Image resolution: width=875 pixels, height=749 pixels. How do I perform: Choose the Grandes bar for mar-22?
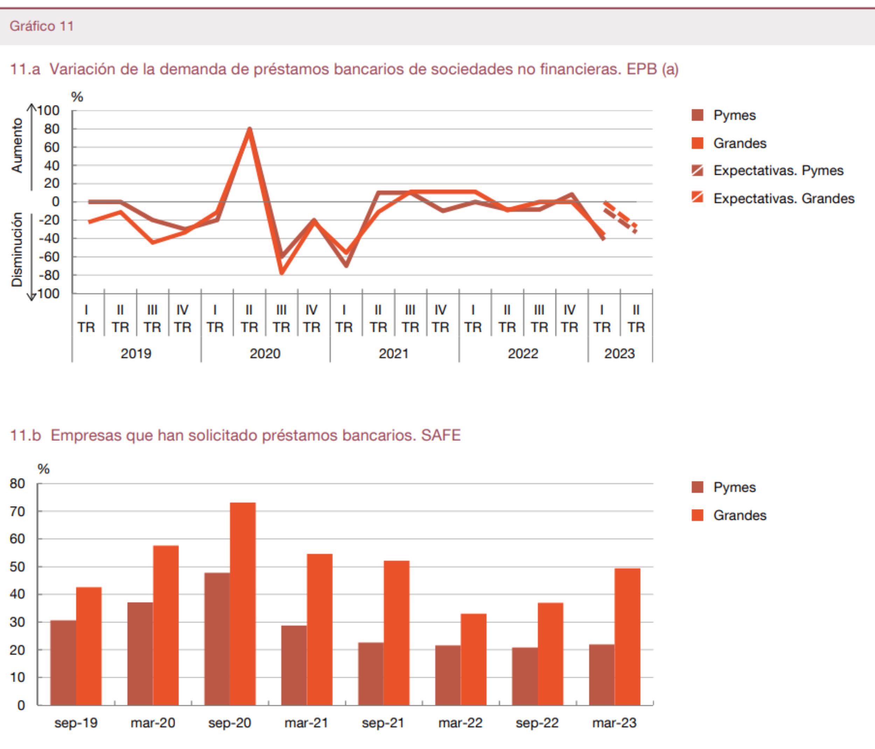point(474,659)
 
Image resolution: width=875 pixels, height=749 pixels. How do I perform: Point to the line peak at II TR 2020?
point(250,129)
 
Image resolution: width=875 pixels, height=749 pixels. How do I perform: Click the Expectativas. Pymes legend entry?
point(778,170)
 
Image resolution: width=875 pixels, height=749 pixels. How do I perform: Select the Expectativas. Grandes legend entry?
point(783,198)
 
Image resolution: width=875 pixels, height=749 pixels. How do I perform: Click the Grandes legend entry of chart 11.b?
point(740,515)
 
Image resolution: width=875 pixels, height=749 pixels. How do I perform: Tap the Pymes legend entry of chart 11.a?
point(734,115)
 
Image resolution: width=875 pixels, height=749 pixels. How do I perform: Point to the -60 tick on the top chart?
point(49,256)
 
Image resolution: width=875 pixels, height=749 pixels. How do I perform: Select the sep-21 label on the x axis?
point(383,722)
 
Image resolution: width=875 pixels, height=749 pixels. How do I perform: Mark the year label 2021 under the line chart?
point(394,353)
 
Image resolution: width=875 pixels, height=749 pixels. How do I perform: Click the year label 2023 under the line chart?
point(619,353)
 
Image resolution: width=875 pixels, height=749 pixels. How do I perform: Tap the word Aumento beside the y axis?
point(17,145)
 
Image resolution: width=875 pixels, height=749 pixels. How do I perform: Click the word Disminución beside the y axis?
point(17,249)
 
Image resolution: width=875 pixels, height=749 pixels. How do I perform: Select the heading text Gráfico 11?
point(42,26)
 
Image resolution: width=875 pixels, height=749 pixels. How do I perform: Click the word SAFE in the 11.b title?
point(440,435)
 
